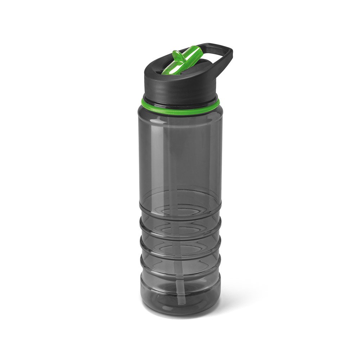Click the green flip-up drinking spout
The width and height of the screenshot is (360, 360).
click(185, 60)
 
